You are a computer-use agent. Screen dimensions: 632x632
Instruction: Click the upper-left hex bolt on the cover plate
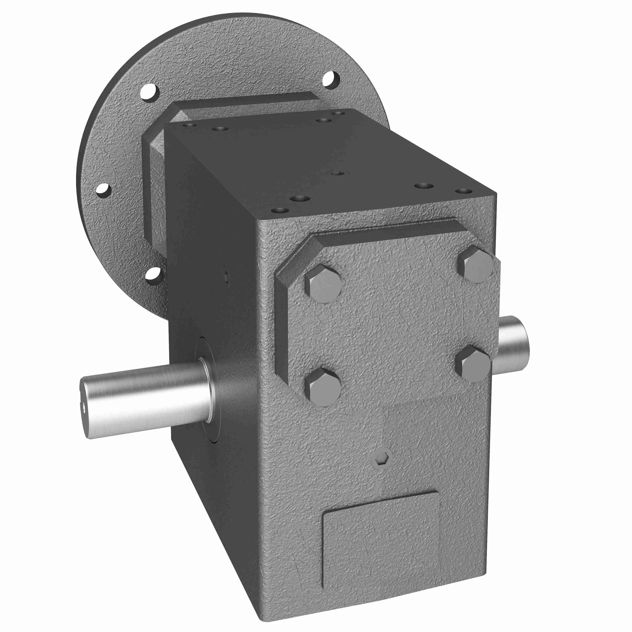coord(323,284)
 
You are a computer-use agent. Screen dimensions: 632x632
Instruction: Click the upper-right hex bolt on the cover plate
coord(475,264)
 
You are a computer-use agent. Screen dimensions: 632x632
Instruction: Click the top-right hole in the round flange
coord(331,79)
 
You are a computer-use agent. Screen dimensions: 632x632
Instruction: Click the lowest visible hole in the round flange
coord(153,275)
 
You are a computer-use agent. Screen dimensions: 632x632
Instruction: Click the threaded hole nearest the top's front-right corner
coord(463,191)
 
